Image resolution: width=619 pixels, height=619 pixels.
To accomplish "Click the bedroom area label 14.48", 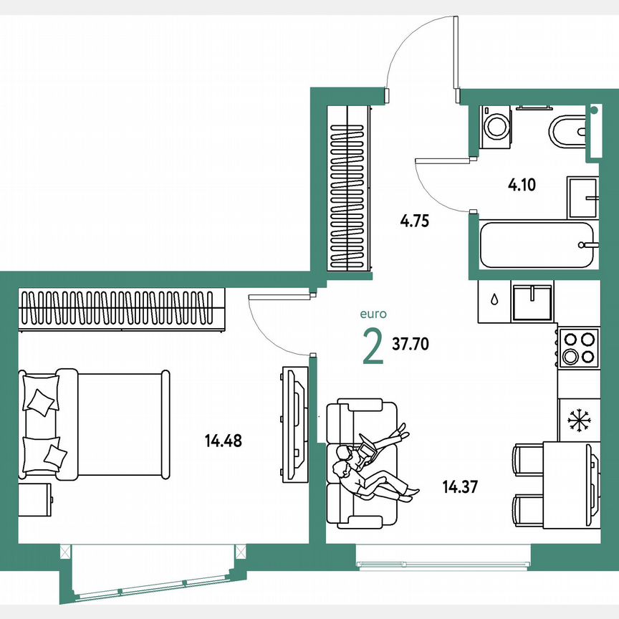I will click(x=223, y=441).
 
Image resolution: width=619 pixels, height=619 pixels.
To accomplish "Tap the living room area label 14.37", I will click(x=460, y=488).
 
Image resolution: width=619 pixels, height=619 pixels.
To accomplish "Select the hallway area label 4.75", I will click(x=414, y=221).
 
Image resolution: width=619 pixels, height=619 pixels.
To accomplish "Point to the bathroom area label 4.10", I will click(x=522, y=185).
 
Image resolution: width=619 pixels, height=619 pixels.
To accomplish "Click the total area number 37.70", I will click(x=411, y=344).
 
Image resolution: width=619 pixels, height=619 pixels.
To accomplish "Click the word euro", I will click(x=373, y=313).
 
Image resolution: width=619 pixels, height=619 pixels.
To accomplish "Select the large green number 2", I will click(x=373, y=347).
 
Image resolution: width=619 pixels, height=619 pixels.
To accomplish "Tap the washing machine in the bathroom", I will click(x=494, y=127).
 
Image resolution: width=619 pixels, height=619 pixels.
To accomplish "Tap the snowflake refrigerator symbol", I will click(x=577, y=420).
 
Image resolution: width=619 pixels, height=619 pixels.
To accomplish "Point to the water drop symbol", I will click(x=495, y=299).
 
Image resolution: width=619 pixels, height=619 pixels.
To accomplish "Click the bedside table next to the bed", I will click(x=35, y=499).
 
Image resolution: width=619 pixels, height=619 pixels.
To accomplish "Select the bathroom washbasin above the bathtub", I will click(x=583, y=197).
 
